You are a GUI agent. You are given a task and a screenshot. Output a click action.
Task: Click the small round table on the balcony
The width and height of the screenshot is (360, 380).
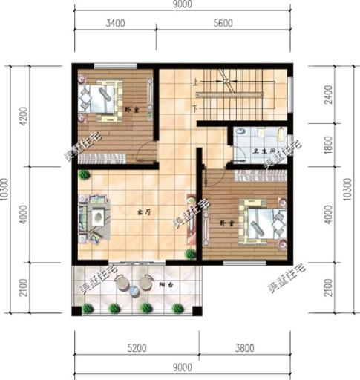point(134,288)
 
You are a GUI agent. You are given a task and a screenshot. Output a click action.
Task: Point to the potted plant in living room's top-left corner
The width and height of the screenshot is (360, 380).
point(84,175)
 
